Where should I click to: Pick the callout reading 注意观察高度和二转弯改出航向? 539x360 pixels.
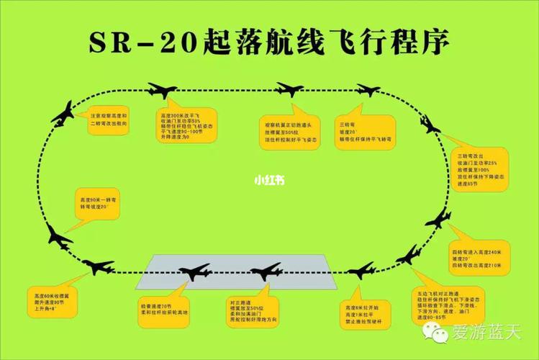click(x=109, y=119)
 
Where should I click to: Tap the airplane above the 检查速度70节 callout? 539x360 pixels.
click(x=194, y=271)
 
